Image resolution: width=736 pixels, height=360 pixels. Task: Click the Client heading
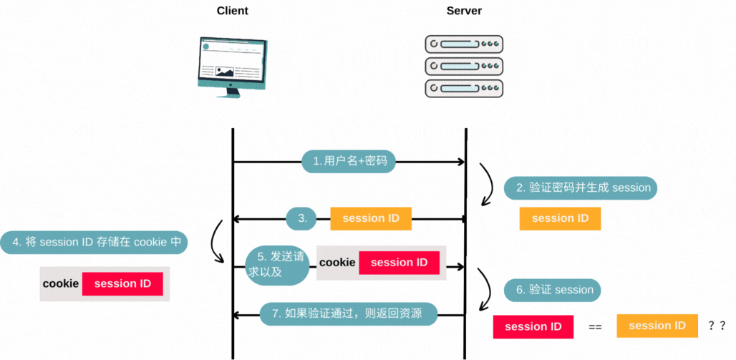tap(232, 11)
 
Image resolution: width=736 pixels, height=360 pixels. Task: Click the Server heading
tap(464, 11)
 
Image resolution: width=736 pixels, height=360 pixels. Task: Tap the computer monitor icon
tap(232, 67)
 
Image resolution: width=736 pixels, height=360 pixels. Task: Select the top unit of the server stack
tap(464, 44)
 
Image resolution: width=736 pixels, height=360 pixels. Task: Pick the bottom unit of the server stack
tap(464, 89)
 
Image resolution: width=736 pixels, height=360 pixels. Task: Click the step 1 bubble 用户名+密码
tap(349, 161)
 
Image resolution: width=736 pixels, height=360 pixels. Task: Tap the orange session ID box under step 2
tap(560, 218)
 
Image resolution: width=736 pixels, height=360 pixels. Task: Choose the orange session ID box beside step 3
tap(370, 218)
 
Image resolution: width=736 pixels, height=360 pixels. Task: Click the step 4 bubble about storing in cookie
tap(95, 242)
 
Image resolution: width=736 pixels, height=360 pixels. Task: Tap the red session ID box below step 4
tap(122, 284)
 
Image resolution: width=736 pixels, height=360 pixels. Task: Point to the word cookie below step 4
tap(61, 284)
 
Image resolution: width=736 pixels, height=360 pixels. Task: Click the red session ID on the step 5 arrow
tap(399, 263)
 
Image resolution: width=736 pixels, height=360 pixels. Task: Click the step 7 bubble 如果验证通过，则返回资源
tap(347, 313)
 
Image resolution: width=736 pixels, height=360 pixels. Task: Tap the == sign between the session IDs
tap(595, 327)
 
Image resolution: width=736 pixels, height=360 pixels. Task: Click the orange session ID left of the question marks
tap(657, 326)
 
